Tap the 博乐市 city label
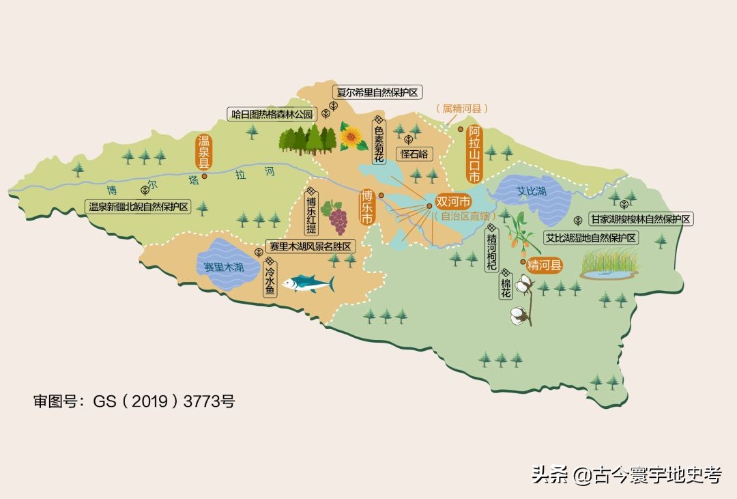(x=367, y=207)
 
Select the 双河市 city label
(x=453, y=203)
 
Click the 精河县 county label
(x=545, y=266)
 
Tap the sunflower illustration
(x=352, y=137)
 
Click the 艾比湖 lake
(x=532, y=195)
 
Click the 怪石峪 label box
(x=415, y=154)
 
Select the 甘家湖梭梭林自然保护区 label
(x=641, y=219)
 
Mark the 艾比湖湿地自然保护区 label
(x=591, y=238)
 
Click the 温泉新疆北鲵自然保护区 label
(x=139, y=206)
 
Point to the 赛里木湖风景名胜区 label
(x=310, y=246)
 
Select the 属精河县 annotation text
(x=462, y=109)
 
